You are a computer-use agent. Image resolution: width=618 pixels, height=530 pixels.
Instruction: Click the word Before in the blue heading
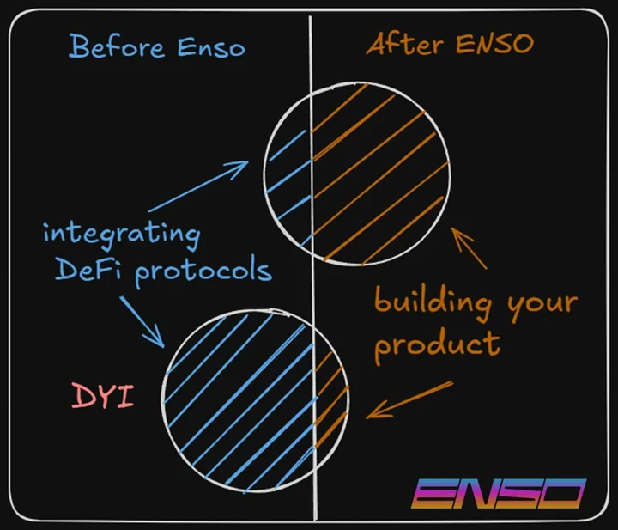117,47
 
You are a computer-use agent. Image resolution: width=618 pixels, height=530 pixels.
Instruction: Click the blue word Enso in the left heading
211,48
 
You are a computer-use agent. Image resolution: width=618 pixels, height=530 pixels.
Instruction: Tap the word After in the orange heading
405,43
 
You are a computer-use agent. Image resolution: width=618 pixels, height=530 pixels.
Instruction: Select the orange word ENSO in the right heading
495,43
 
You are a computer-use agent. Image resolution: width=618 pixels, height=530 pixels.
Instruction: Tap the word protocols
203,272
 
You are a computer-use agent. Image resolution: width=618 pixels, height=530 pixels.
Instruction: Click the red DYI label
103,396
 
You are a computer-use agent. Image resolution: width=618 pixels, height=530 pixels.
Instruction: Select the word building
433,302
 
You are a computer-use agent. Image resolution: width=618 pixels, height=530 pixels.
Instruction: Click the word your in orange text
542,307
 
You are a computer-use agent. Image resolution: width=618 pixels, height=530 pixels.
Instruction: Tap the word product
437,345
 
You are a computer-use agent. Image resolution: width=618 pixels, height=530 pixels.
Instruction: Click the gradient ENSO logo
499,493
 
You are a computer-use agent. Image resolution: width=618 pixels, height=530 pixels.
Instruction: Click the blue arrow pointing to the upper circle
198,186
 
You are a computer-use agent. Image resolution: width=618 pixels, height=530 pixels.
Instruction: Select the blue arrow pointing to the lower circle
142,322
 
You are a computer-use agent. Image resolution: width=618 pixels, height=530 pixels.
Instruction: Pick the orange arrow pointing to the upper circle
469,248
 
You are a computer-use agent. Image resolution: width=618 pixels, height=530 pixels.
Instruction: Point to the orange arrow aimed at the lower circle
409,400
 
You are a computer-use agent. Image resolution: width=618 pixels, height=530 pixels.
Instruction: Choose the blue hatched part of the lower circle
239,401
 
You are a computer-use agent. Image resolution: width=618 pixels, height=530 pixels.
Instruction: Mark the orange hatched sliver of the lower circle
331,399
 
